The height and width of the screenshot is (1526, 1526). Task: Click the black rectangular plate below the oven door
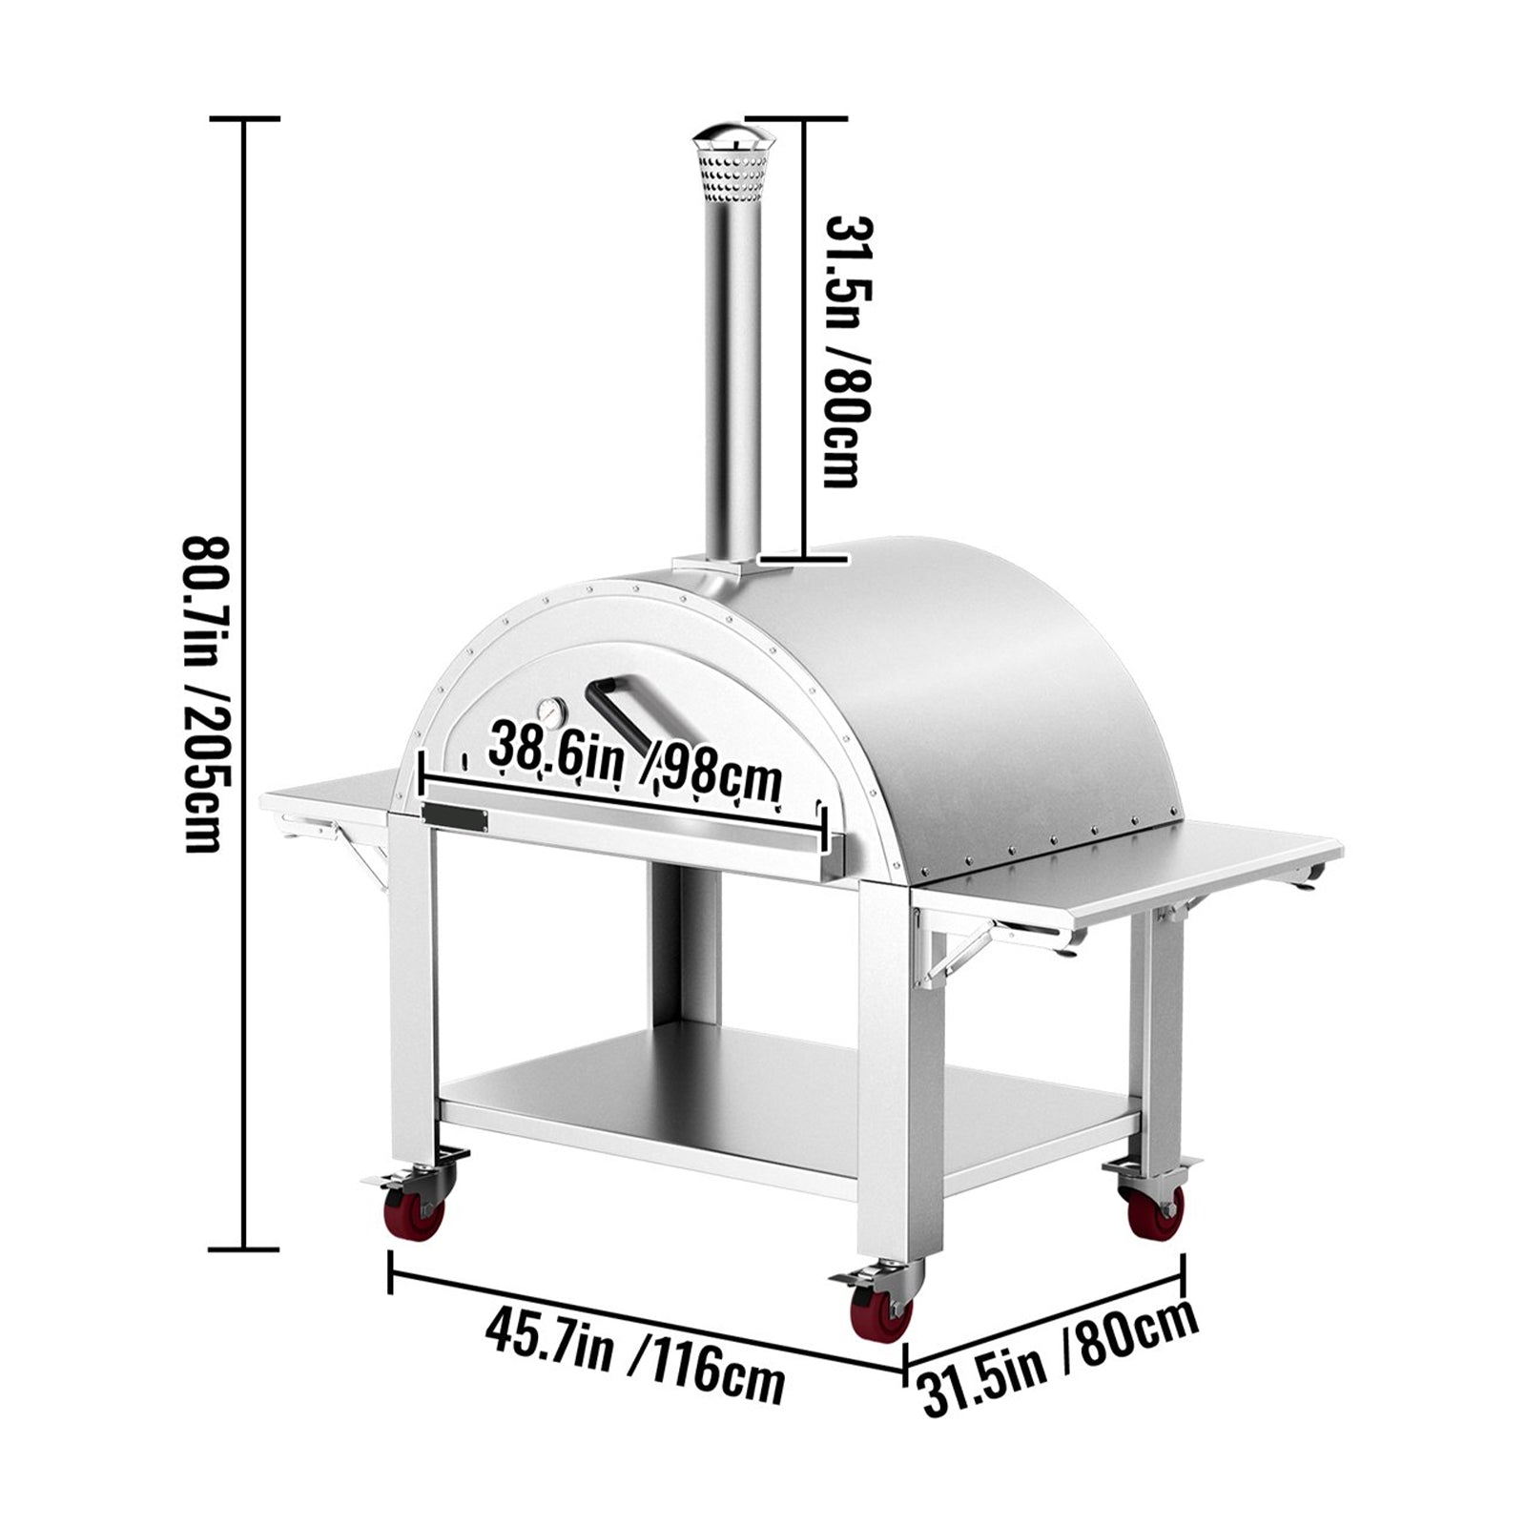click(x=455, y=817)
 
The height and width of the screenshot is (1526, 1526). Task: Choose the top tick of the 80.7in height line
click(x=245, y=119)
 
